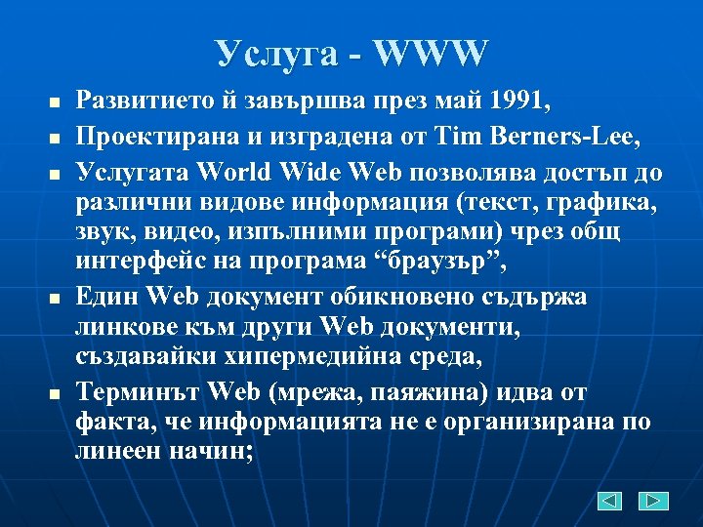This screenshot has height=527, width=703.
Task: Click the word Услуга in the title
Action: pos(277,54)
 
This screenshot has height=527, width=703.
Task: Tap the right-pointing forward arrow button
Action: pos(653,501)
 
